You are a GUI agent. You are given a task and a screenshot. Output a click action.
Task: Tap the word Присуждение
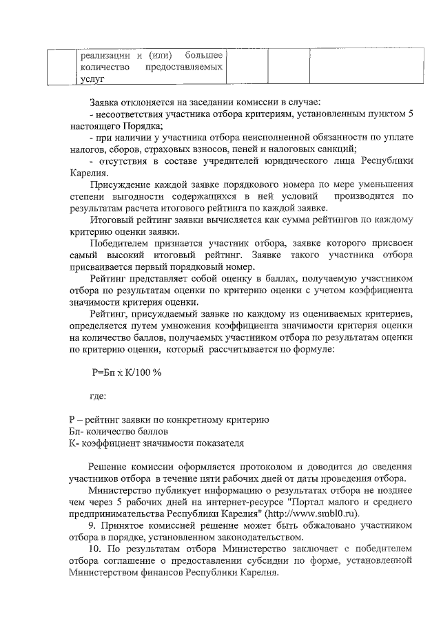(x=121, y=184)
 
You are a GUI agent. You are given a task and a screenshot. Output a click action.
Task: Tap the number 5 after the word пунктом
(x=410, y=115)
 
